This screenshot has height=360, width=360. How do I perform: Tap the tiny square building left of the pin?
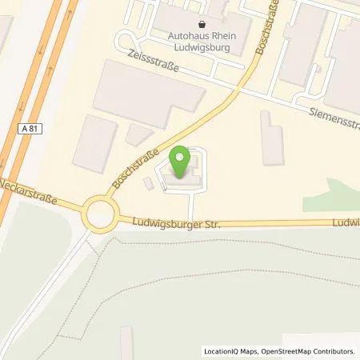pos(148,184)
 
